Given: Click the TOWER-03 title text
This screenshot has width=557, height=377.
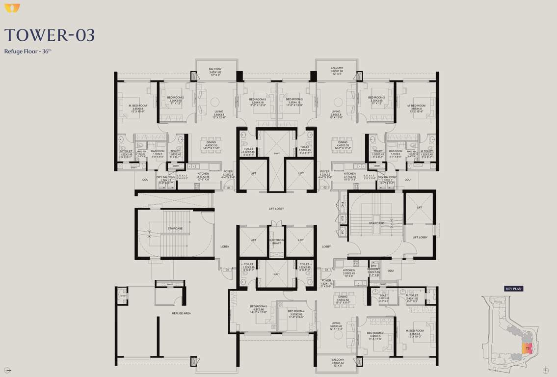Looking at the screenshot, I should click(x=50, y=35).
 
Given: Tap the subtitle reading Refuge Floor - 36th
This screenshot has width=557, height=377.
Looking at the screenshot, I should click(x=28, y=51).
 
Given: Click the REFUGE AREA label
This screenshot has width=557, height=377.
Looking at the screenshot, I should click(x=181, y=313).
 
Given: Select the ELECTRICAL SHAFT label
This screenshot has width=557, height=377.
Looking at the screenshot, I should click(x=276, y=242).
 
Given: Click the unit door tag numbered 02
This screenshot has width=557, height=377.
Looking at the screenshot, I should click(x=325, y=188).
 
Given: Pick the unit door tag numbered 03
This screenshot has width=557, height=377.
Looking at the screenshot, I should click(x=326, y=269).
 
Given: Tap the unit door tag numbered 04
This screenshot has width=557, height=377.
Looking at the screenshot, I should click(x=227, y=269).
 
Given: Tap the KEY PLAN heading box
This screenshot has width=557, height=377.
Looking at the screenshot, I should click(x=514, y=289).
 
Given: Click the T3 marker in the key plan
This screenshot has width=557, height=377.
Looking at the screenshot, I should click(x=527, y=349).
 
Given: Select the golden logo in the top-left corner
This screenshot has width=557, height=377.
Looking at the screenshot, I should click(x=12, y=8).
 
